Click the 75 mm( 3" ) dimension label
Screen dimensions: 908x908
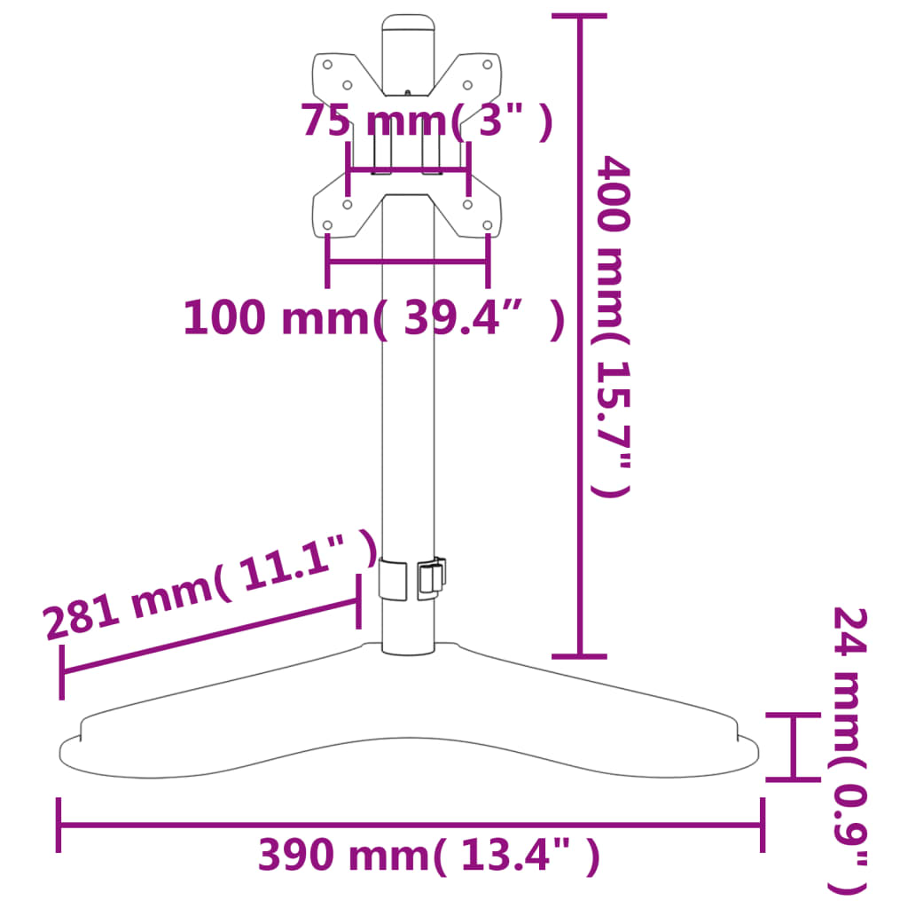tap(427, 121)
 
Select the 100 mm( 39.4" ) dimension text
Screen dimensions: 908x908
tap(372, 317)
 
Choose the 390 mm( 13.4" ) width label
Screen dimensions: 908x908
tap(428, 856)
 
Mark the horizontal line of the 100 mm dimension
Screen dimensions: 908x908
tap(407, 262)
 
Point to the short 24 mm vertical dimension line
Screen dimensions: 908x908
tap(793, 747)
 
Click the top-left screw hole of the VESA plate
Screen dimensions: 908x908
tap(327, 64)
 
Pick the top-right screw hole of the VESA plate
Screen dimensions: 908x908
tap(487, 64)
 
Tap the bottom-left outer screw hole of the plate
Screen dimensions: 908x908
tap(327, 225)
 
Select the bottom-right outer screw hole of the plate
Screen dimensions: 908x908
tap(487, 225)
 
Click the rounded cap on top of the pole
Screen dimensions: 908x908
tap(408, 24)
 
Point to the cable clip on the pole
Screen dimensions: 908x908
tap(431, 577)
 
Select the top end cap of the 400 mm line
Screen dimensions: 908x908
tap(580, 16)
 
